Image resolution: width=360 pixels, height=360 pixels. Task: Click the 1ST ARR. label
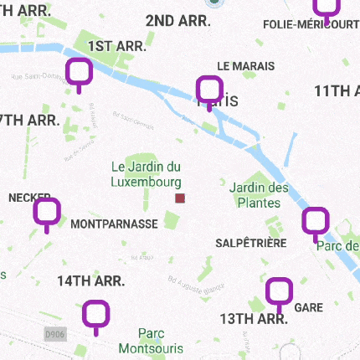coord(119,45)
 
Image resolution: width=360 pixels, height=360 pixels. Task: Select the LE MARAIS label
coord(240,65)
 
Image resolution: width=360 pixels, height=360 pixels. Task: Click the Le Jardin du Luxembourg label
coord(147,174)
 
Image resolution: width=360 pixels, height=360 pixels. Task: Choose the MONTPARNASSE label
coord(114,224)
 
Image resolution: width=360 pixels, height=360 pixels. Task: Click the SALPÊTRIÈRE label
coord(250,243)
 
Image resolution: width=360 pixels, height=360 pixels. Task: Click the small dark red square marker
coord(179,198)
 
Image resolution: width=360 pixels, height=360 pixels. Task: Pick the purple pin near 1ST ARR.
coord(79,74)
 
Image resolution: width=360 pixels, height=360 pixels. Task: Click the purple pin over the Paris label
coord(208,90)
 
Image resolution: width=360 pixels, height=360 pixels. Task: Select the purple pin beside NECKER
coord(47,213)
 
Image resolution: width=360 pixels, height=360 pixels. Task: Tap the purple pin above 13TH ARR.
coord(279,293)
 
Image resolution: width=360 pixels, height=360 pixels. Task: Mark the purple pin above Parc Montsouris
coord(96,316)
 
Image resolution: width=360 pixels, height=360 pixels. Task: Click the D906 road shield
coord(56,334)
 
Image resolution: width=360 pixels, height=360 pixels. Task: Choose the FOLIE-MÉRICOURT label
coord(311,24)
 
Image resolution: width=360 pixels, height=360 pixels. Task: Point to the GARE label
coord(309,308)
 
